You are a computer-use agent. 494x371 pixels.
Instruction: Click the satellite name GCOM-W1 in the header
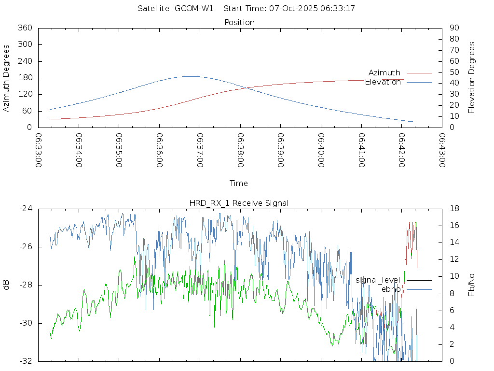[x=194, y=9]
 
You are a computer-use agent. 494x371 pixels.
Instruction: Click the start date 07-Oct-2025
[x=289, y=9]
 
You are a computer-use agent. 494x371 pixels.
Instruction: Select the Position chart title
[x=240, y=22]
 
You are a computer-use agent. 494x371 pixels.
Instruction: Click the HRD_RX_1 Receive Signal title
[x=239, y=203]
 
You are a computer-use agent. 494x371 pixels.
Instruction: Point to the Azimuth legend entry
[x=384, y=72]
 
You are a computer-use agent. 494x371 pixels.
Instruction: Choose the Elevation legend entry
[x=383, y=82]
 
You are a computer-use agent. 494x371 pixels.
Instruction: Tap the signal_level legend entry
[x=378, y=280]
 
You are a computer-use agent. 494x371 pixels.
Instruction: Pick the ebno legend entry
[x=391, y=289]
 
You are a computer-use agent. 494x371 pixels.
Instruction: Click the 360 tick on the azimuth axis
[x=25, y=28]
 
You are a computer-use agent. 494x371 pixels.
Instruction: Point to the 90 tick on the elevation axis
[x=453, y=28]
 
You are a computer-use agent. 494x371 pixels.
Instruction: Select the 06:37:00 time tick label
[x=200, y=150]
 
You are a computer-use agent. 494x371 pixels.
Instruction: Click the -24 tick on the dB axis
[x=26, y=209]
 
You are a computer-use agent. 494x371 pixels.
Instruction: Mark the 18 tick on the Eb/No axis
[x=454, y=209]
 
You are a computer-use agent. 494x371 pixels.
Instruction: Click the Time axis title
[x=239, y=184]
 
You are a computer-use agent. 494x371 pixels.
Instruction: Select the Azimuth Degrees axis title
[x=6, y=78]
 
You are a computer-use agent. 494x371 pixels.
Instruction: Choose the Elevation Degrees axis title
[x=472, y=77]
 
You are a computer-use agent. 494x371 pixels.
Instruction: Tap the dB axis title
[x=6, y=285]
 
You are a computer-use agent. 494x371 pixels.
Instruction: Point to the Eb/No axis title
[x=472, y=285]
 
